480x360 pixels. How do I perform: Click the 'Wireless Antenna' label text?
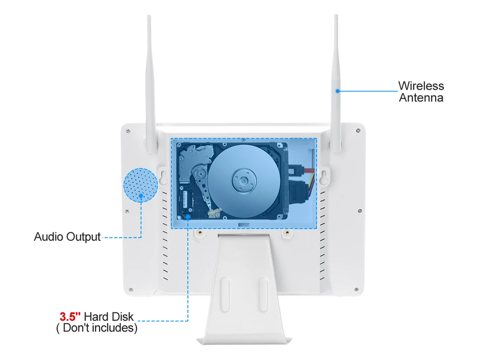click(421, 92)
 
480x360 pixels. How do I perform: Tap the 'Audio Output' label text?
click(67, 237)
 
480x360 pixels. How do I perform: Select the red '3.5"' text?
click(70, 317)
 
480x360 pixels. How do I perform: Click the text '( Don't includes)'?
click(97, 328)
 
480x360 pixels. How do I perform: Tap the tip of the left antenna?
click(149, 17)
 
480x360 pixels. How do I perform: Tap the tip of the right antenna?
click(336, 17)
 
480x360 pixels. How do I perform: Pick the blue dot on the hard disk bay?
click(188, 217)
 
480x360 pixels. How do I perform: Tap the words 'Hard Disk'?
click(109, 317)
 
